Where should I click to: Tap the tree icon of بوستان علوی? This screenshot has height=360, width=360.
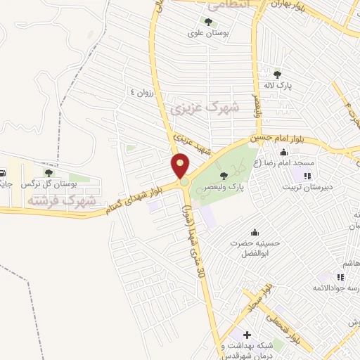pyautogui.click(x=209, y=22)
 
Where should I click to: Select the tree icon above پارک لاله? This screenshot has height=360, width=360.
pyautogui.click(x=278, y=73)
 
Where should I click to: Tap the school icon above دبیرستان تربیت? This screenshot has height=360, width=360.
pyautogui.click(x=307, y=175)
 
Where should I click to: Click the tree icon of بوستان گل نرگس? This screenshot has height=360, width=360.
pyautogui.click(x=49, y=172)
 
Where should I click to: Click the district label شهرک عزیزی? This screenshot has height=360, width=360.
pyautogui.click(x=205, y=109)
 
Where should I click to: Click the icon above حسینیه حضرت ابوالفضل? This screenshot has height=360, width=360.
pyautogui.click(x=255, y=232)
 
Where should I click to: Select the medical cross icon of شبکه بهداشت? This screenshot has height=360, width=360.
pyautogui.click(x=247, y=334)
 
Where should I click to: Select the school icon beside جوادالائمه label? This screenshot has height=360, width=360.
pyautogui.click(x=341, y=278)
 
